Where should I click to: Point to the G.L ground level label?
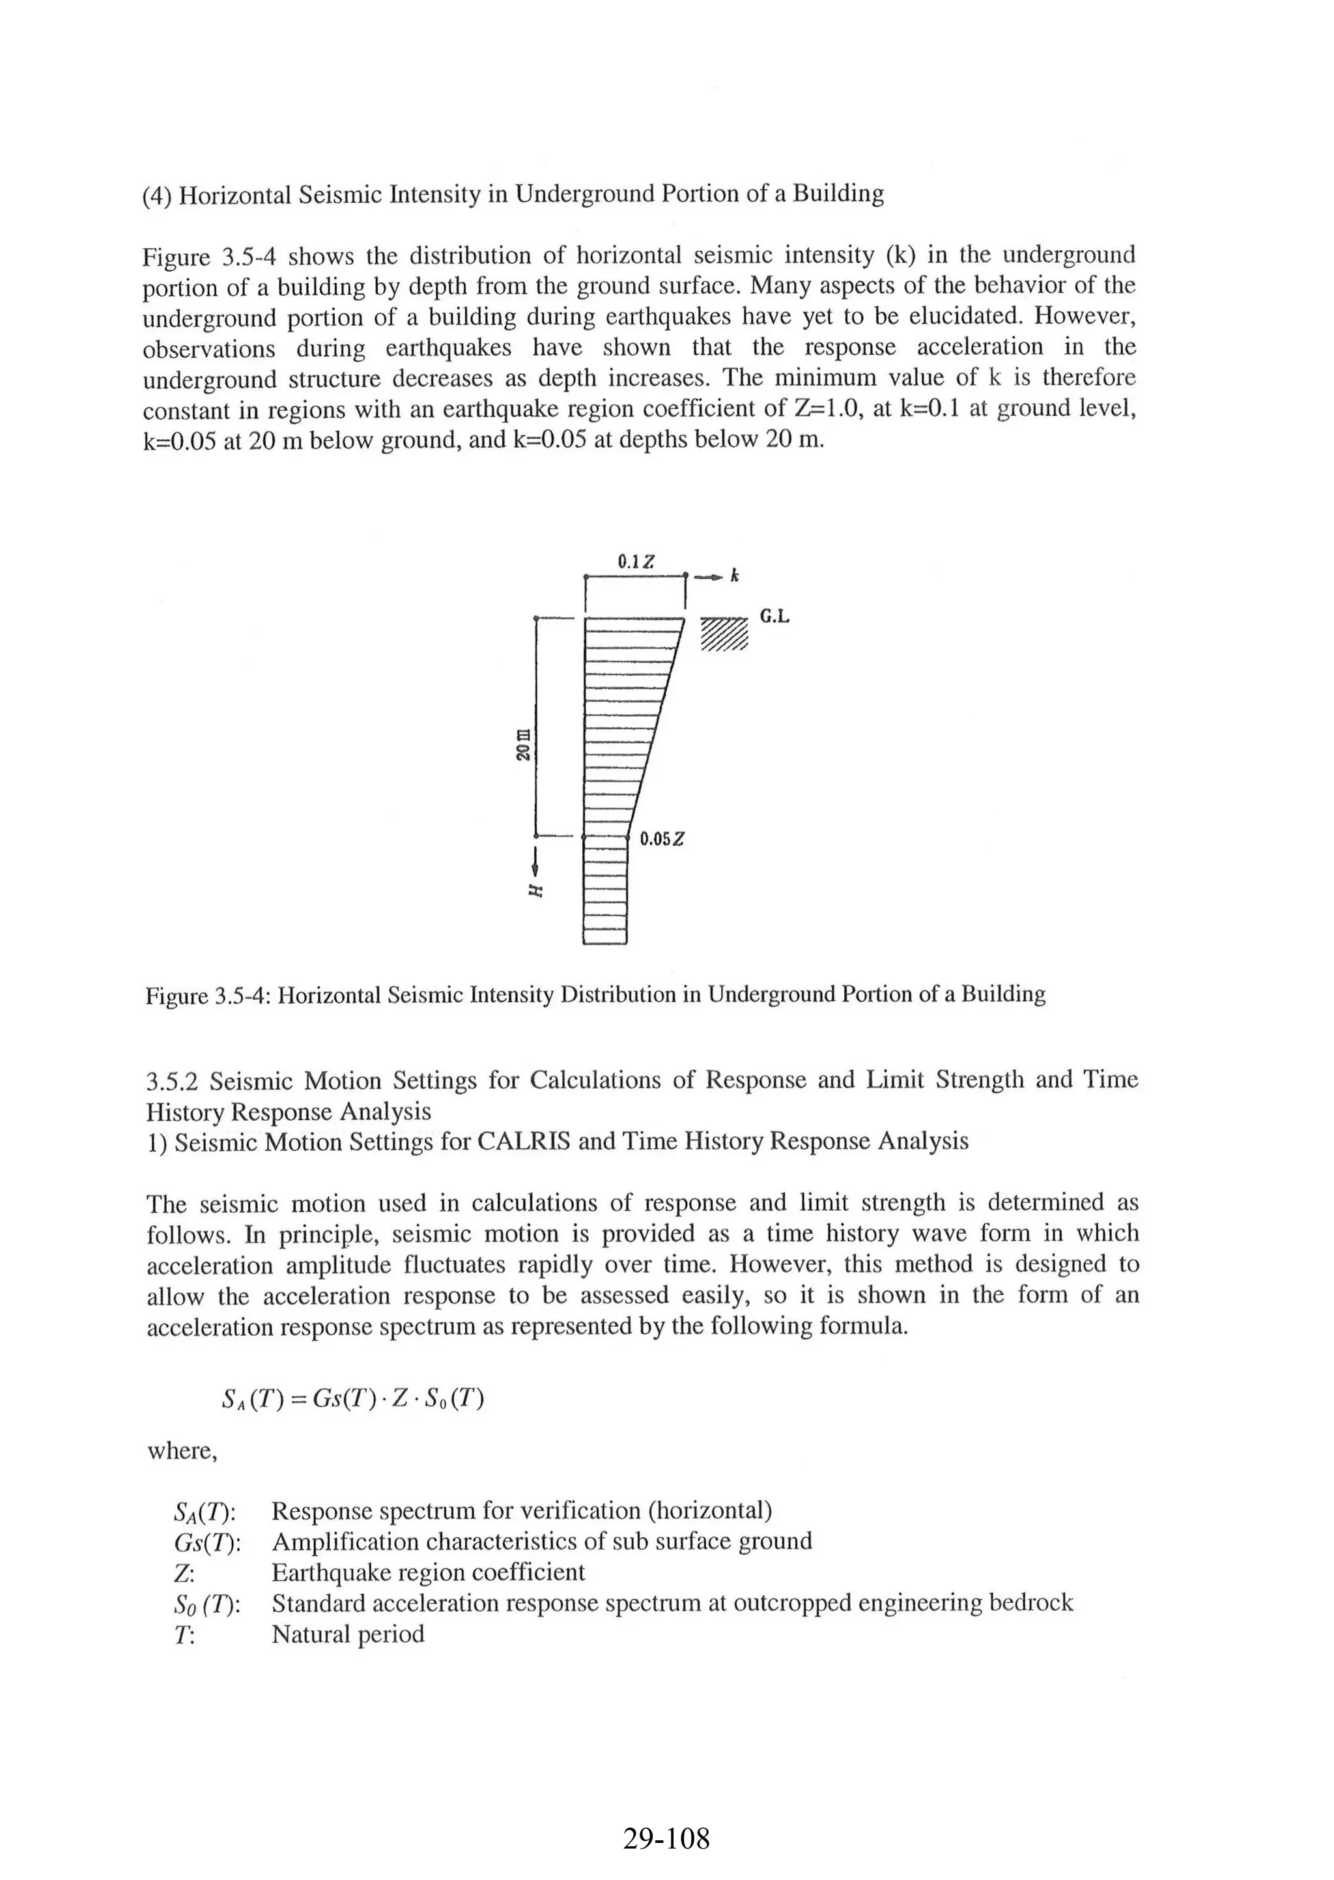point(774,616)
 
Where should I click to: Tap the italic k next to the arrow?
point(735,577)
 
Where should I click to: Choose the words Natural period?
point(347,1634)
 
